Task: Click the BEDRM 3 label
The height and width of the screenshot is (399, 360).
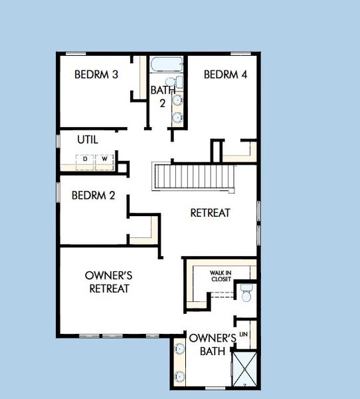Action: [x=96, y=74]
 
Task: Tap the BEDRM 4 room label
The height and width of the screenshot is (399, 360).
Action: [x=225, y=74]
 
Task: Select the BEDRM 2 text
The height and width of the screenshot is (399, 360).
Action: [x=94, y=196]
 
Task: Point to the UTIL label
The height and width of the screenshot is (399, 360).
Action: [x=88, y=140]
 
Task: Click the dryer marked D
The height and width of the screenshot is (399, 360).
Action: [x=85, y=159]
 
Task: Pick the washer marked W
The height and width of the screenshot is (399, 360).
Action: [x=104, y=159]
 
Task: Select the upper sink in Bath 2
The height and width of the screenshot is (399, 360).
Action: [x=177, y=100]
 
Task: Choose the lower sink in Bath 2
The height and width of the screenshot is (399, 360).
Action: [x=177, y=117]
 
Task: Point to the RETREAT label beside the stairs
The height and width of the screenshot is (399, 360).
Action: [x=210, y=213]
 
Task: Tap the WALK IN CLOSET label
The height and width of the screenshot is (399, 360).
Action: [x=221, y=275]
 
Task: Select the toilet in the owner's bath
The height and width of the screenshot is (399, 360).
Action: [x=246, y=291]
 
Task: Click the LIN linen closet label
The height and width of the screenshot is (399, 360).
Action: [x=244, y=334]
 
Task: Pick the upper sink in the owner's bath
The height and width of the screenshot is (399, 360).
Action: [x=179, y=348]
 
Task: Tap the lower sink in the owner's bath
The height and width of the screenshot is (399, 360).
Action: [x=179, y=376]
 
